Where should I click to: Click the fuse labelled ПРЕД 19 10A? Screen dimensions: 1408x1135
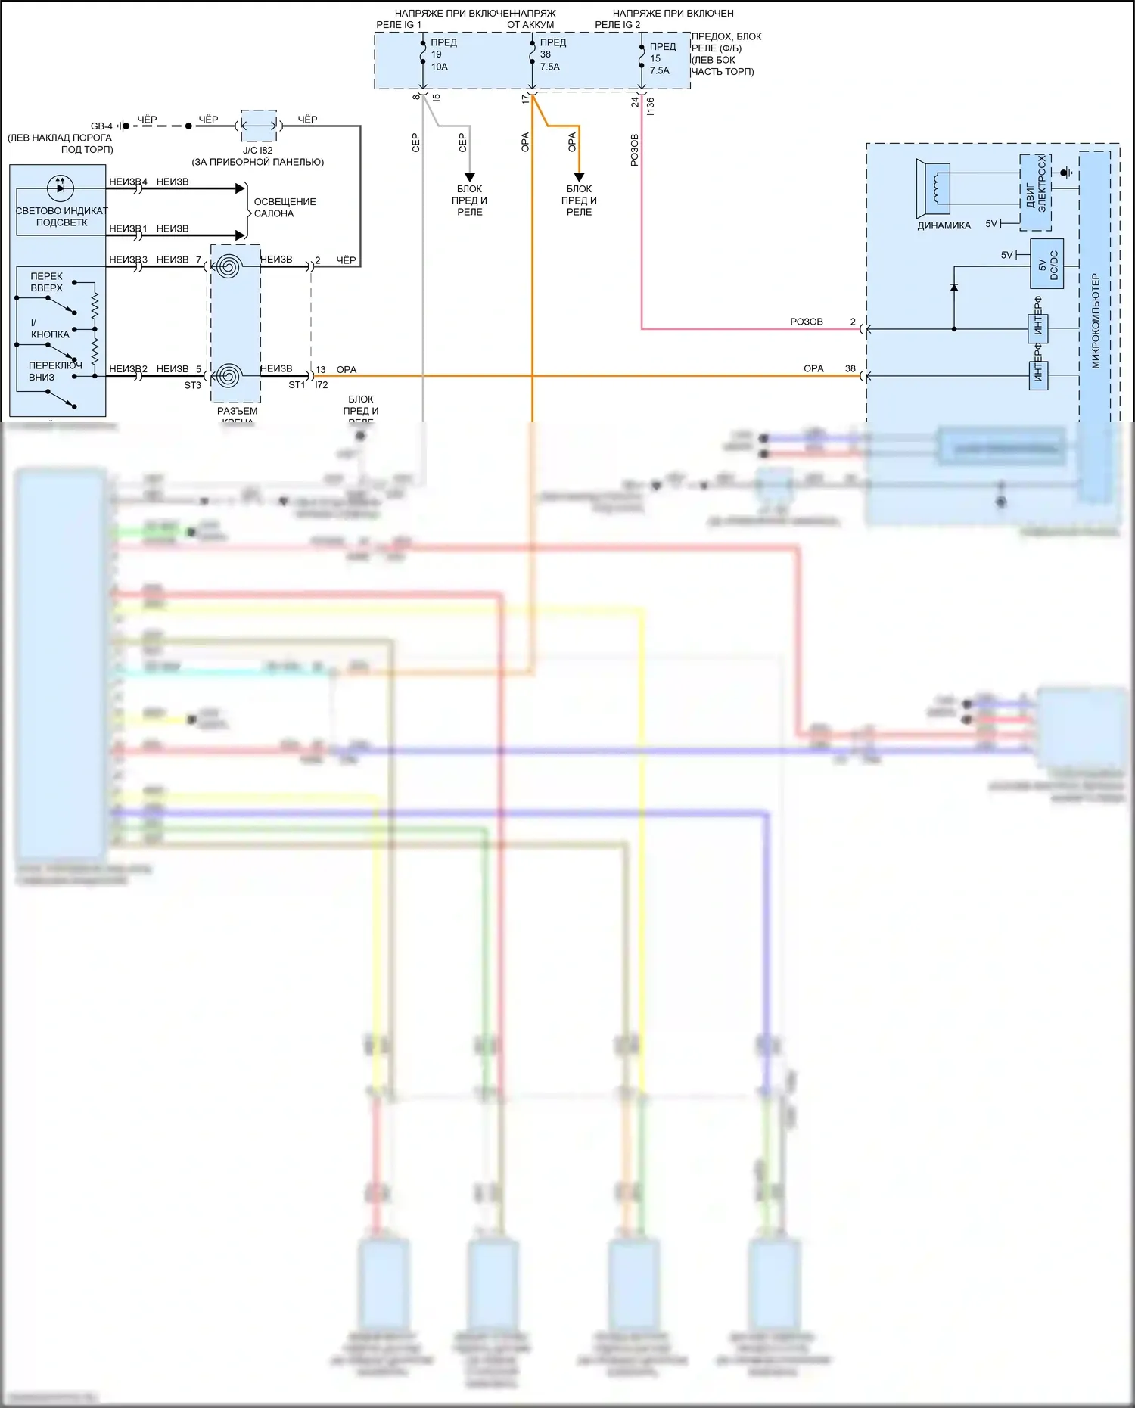click(424, 54)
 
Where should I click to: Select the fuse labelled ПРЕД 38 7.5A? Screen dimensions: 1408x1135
click(533, 54)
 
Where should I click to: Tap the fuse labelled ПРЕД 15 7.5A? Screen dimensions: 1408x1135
click(642, 57)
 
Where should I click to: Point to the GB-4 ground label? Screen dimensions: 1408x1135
click(101, 126)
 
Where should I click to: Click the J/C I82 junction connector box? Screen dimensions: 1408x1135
click(258, 126)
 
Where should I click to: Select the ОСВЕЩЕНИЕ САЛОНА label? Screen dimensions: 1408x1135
click(285, 207)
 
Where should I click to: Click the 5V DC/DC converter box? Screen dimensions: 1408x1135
click(1047, 264)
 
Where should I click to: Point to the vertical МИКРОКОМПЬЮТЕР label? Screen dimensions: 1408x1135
click(1095, 321)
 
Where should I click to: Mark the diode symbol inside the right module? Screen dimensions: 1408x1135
click(954, 288)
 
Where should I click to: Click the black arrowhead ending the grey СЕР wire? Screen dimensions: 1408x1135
click(470, 177)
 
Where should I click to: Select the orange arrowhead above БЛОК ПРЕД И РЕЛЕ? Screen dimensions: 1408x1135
click(579, 177)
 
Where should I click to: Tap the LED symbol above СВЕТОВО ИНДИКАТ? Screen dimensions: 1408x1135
click(61, 187)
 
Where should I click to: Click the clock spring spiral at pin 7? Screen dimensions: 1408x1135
click(228, 266)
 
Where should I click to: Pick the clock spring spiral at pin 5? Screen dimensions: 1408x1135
click(228, 375)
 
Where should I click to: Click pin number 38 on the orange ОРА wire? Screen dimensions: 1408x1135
click(850, 368)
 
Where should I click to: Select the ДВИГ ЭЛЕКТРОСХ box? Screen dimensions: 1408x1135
click(1035, 193)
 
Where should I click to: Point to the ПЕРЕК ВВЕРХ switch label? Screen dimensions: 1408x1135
click(47, 282)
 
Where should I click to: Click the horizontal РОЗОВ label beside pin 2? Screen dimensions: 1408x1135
click(807, 322)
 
